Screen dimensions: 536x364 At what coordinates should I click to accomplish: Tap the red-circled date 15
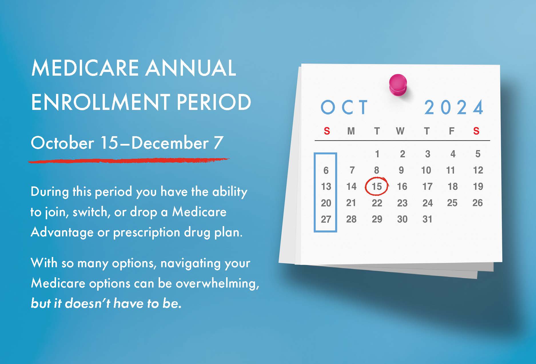point(376,186)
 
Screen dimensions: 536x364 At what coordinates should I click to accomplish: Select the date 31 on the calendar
point(427,219)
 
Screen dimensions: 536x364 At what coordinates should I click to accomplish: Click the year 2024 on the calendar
point(454,108)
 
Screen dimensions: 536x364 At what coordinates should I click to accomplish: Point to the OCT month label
point(344,107)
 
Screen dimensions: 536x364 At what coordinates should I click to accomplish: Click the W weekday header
point(400,131)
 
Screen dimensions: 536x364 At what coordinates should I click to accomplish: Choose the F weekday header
point(452,131)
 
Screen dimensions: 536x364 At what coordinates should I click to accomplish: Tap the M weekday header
point(351,131)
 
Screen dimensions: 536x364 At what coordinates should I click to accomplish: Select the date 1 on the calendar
point(377,154)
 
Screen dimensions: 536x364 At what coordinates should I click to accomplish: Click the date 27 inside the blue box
point(326,219)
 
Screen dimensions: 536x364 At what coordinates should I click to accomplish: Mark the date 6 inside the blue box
point(326,170)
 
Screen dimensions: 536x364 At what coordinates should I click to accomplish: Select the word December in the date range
point(170,143)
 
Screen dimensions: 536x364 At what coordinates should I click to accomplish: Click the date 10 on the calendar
point(426,170)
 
